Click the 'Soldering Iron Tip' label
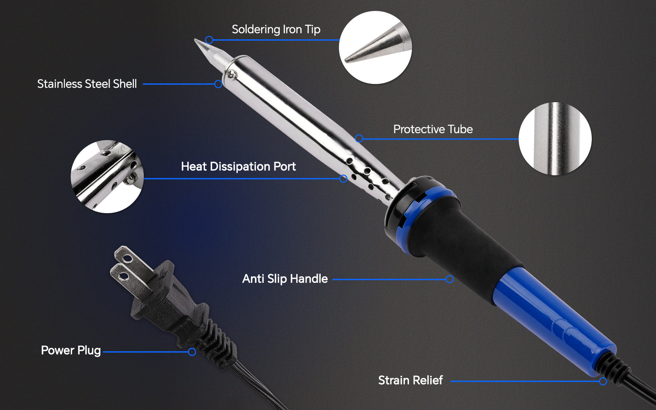click(276, 29)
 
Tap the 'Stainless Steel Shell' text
click(87, 83)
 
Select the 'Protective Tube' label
click(433, 129)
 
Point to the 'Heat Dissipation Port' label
click(238, 166)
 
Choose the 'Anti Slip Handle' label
click(285, 278)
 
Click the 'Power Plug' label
click(70, 350)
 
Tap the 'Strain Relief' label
click(410, 380)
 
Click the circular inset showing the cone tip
click(375, 47)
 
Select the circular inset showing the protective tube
click(555, 139)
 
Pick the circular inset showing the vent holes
click(107, 177)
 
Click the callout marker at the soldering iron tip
click(209, 40)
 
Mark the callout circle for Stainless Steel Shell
click(218, 84)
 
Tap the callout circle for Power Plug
click(192, 352)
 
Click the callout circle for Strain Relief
click(603, 381)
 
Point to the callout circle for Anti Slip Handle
click(450, 279)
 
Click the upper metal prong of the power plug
click(125, 256)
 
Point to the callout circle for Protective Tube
click(359, 139)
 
